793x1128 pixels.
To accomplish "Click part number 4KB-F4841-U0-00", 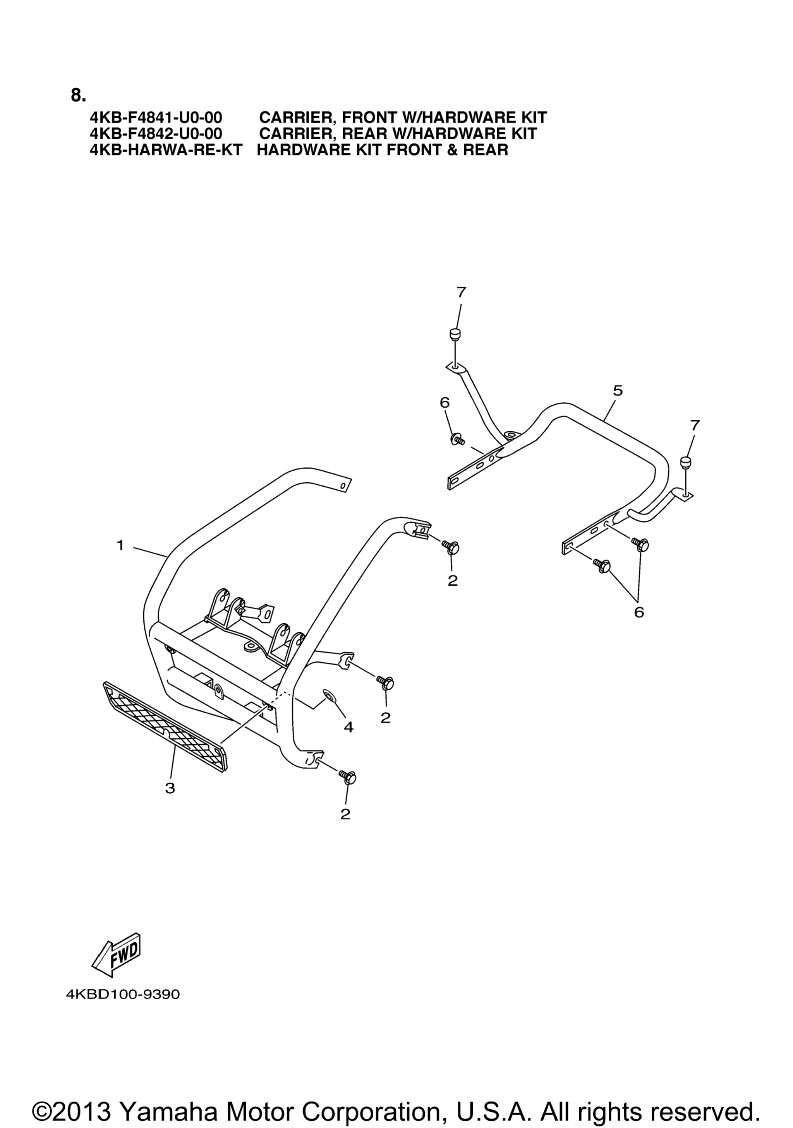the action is (156, 118).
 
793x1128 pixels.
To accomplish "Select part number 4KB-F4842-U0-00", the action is (156, 133).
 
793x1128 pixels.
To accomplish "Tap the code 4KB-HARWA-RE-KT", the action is (166, 149).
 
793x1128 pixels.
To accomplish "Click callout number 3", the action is (170, 788).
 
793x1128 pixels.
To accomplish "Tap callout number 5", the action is (618, 391).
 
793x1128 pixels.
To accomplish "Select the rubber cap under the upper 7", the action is (455, 335).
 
